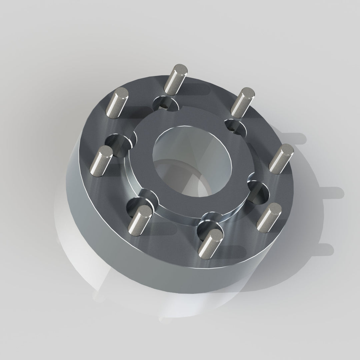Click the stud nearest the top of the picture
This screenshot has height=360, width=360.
coord(175,80)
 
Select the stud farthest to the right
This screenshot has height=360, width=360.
coord(281,159)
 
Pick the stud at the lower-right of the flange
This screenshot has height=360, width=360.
coord(269,218)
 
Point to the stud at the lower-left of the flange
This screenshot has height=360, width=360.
coord(140,219)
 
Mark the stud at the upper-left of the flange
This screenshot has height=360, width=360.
coord(117,103)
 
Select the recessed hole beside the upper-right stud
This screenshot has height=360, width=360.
coord(233,125)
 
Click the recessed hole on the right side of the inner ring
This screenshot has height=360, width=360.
coord(258,193)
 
